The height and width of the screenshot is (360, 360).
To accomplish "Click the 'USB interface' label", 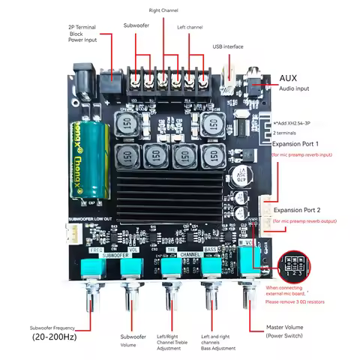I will [228, 46].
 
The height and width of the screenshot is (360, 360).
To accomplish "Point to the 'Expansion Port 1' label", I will [296, 142].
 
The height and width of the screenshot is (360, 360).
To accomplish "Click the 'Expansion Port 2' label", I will [298, 210].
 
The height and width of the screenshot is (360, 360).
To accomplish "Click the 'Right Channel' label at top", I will [164, 10].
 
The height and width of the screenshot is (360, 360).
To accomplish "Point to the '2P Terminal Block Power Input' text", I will [82, 33].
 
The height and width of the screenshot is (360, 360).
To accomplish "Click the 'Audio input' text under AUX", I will [294, 89].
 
